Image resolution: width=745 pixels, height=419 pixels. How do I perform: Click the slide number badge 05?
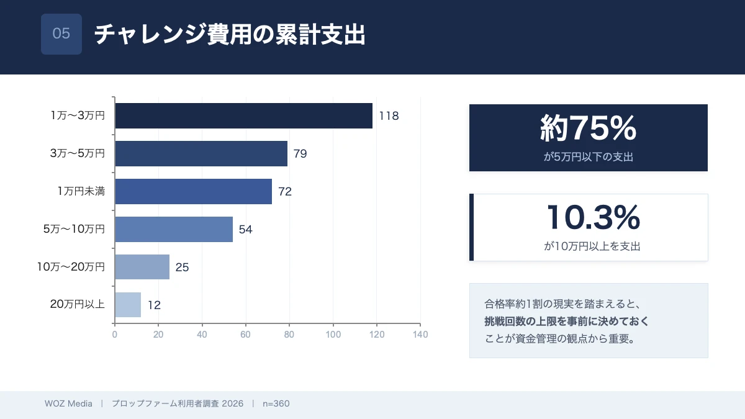coord(61,34)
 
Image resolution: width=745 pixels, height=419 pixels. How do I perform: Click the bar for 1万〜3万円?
coord(243,115)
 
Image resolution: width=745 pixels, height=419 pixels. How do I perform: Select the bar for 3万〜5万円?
coord(201,153)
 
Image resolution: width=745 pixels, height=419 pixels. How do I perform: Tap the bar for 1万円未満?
coord(193,191)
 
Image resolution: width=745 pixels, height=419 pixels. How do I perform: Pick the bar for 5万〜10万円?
coord(174,229)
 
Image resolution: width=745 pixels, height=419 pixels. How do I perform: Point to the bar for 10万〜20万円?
coord(142,267)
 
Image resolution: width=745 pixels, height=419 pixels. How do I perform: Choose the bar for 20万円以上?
coord(128,305)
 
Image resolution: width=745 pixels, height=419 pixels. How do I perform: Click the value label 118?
coord(389,116)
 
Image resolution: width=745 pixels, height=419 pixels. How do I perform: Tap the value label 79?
coord(300,154)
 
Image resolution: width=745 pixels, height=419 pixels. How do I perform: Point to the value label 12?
coord(155,305)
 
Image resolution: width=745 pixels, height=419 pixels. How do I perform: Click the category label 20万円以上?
coord(77,305)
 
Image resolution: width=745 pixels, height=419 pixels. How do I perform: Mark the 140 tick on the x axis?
coord(420,335)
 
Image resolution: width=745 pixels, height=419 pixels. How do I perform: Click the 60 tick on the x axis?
coord(246,335)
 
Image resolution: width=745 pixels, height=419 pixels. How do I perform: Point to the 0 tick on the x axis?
coord(115,335)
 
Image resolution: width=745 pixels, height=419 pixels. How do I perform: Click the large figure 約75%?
coord(588,128)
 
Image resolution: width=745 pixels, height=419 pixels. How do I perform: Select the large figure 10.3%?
coord(593,217)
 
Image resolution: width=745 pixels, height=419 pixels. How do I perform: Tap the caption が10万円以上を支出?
coord(592,246)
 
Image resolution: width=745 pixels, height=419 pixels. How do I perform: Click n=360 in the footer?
coord(276,403)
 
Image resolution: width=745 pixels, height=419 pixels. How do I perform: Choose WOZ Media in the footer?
coord(68,403)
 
